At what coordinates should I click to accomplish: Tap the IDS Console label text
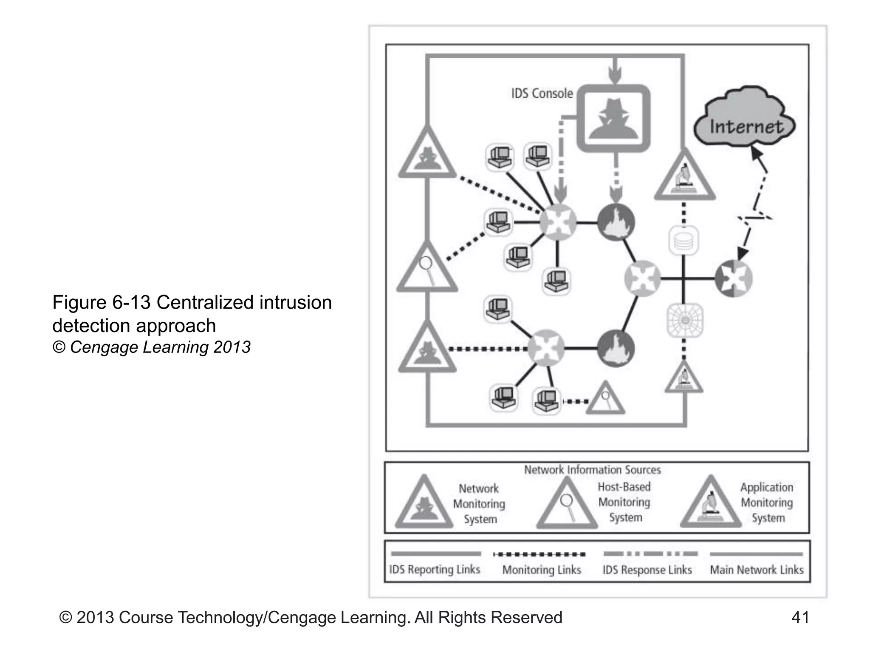tap(542, 94)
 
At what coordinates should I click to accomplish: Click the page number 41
tap(800, 617)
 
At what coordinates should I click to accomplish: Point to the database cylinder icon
tap(684, 240)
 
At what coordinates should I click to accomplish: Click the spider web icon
tap(684, 320)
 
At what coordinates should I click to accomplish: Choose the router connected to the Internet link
tap(733, 278)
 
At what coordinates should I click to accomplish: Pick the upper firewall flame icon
tap(616, 222)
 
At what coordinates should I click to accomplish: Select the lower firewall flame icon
tap(616, 348)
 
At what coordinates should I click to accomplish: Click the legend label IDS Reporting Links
tap(435, 569)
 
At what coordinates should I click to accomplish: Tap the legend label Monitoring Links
tap(541, 570)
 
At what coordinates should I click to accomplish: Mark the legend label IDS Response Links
tap(647, 570)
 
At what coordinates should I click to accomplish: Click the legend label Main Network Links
tap(757, 570)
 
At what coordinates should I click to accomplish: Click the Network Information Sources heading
tap(592, 470)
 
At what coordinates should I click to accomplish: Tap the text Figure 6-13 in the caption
tap(101, 303)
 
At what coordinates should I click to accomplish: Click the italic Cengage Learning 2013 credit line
tap(151, 347)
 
